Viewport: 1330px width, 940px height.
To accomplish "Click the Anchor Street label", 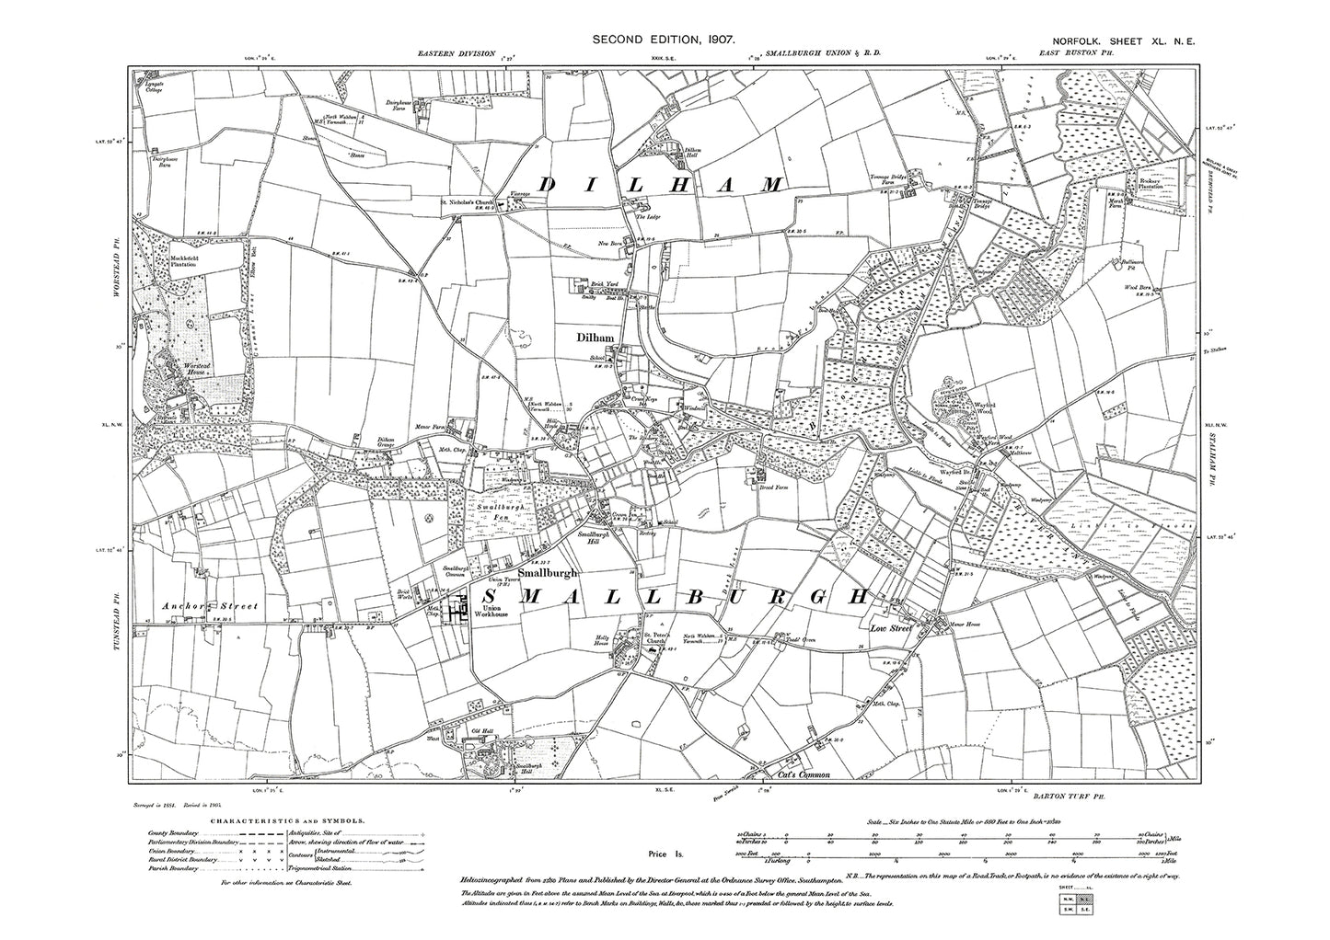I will tap(213, 607).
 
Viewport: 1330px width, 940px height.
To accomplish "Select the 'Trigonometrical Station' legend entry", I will tap(343, 870).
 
